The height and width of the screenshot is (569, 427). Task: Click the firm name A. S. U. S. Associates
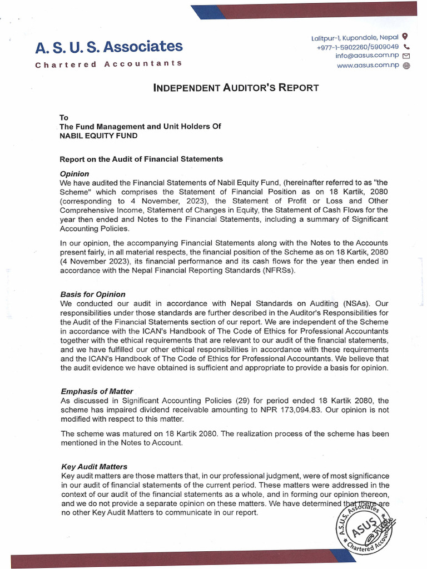[109, 47]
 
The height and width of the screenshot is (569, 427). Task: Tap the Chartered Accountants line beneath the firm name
[109, 64]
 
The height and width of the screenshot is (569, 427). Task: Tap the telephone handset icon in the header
[406, 47]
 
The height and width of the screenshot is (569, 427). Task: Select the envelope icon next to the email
[406, 56]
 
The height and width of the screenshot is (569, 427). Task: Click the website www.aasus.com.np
[368, 66]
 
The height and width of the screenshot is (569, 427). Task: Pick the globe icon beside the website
[406, 66]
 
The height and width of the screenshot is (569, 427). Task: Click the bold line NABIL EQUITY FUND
[98, 136]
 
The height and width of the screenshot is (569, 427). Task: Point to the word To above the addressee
[64, 117]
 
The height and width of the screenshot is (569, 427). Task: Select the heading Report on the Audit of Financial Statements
[141, 159]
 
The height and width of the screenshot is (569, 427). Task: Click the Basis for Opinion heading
[93, 294]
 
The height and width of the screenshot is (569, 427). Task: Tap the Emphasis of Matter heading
[97, 392]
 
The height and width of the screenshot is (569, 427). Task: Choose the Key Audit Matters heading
[94, 467]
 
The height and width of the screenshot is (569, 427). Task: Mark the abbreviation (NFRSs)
[276, 271]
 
